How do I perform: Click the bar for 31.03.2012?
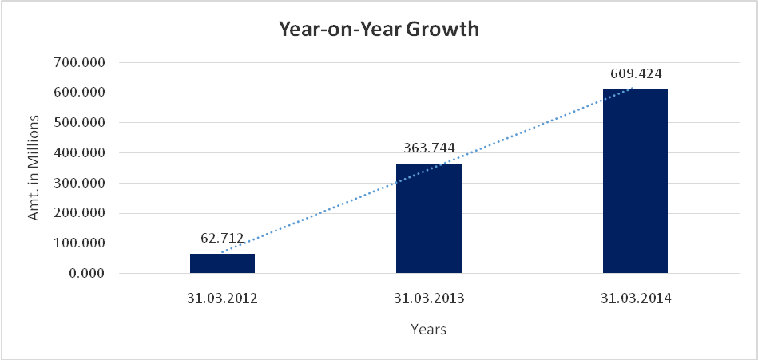(x=222, y=263)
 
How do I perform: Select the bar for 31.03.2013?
(x=428, y=218)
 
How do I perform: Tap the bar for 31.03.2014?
(x=635, y=181)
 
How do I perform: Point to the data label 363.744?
(x=429, y=148)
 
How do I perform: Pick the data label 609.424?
(x=636, y=74)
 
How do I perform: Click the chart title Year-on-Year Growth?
(x=379, y=30)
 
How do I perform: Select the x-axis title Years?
(x=428, y=329)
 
